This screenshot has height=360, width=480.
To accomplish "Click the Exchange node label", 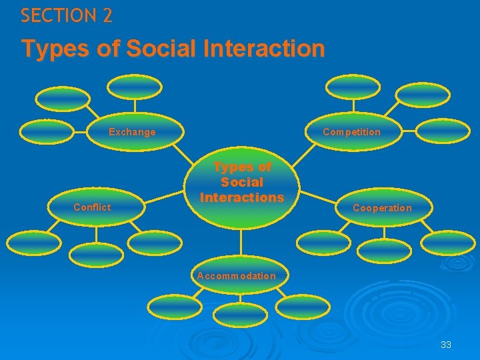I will coord(132,132).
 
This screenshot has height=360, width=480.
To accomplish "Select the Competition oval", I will coord(351,132).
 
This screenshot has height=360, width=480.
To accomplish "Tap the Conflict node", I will coord(93,207).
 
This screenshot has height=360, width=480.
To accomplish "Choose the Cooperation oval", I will coord(382,208).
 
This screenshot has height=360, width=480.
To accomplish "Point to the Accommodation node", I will coord(237,275).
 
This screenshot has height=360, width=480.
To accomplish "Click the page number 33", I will coord(446,345).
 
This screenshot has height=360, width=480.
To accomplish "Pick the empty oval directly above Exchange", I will coord(135,87).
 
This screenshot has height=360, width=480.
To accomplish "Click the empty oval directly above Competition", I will coord(353,87).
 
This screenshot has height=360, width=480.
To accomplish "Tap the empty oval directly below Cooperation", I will coord(384,250).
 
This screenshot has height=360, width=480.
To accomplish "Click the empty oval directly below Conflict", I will coord(96,253).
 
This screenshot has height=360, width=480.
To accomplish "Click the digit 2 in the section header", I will coord(107,16).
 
